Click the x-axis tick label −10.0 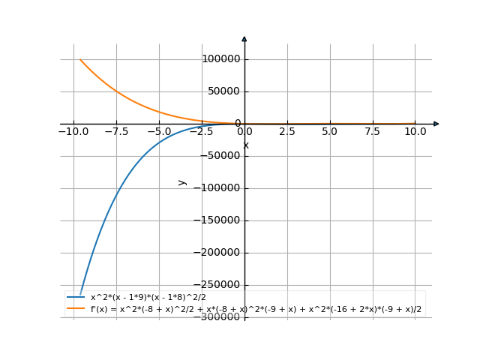(73, 130)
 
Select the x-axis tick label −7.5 (116, 130)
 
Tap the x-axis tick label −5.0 (159, 130)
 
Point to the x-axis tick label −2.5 (202, 130)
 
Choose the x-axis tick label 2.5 (286, 130)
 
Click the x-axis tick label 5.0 (329, 130)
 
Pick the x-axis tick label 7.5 (372, 130)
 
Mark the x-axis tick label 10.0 (415, 130)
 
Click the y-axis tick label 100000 (220, 59)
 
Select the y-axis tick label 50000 (223, 91)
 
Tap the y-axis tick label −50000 (220, 156)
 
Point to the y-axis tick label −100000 (217, 188)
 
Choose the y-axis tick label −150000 (217, 220)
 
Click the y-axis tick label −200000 (217, 253)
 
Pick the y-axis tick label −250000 (217, 285)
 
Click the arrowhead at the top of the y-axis (244, 37)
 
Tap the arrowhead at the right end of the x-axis (436, 124)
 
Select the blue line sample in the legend (76, 297)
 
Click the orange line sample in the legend (76, 308)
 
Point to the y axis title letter (181, 182)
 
